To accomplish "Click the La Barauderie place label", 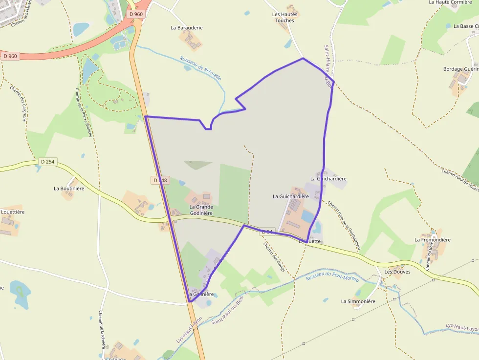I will pos(187,28).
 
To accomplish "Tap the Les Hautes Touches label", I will pos(285,18).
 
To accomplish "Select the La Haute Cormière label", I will pos(450,2).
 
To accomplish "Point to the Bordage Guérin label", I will pos(460,69).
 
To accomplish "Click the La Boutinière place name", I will pos(69,188).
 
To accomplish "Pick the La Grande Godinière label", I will pos(201,210).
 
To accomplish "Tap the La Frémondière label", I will pos(433,240).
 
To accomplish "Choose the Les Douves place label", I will pos(397,272).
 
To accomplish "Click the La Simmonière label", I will pos(358,301).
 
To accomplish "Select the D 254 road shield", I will pos(48,162).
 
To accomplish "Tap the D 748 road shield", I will pos(160,180).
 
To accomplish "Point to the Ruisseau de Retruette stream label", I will pos(200,68).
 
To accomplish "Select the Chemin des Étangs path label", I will pos(273,256).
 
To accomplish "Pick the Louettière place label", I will pos(13,212).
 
